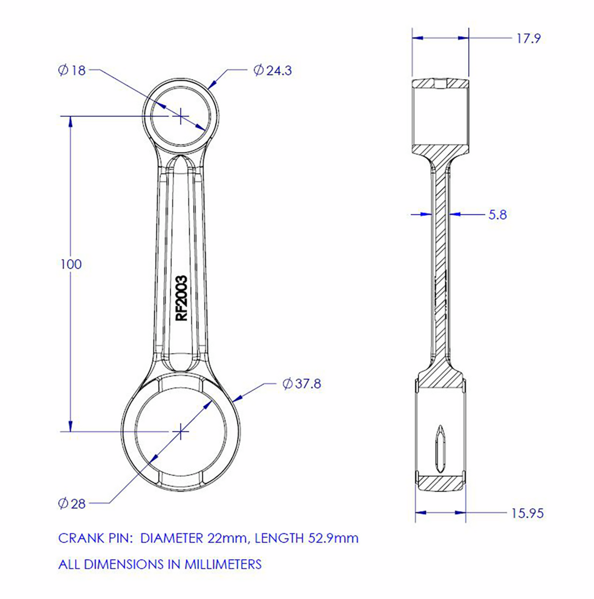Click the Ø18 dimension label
tap(71, 70)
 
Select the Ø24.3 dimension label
tap(273, 70)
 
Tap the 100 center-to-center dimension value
tap(71, 265)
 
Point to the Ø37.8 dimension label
tap(302, 384)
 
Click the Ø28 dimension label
tap(72, 503)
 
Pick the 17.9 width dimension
tap(528, 39)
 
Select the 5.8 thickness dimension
tap(497, 215)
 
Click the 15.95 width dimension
tap(527, 513)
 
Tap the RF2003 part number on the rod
tap(182, 298)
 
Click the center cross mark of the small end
tap(181, 116)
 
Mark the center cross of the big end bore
tap(181, 431)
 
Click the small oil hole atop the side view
tap(441, 84)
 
